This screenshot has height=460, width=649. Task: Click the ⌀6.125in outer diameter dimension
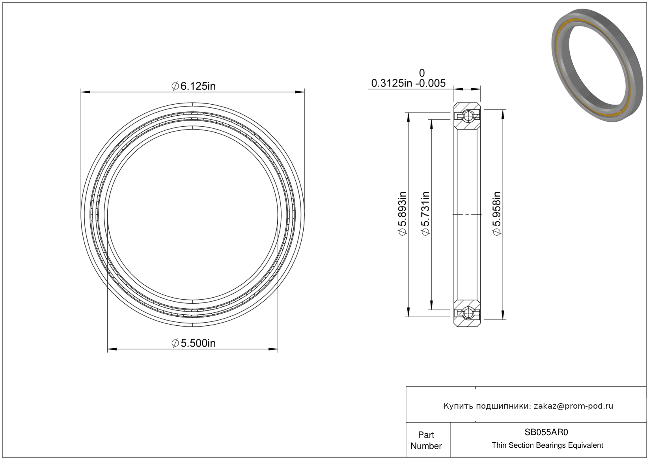point(194,86)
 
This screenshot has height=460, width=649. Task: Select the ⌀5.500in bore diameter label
point(194,344)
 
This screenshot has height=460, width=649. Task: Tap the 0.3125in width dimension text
point(392,83)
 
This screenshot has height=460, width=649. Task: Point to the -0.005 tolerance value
point(431,83)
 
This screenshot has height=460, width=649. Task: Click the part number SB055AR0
point(546,432)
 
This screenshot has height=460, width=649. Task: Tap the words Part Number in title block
point(426,440)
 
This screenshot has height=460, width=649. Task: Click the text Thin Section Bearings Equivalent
point(547,445)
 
